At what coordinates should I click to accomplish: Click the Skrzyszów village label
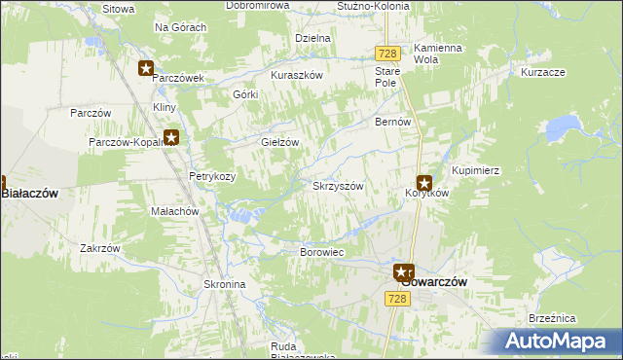[338, 186]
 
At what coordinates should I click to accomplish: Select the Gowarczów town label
[435, 281]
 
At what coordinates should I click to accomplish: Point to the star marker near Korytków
[424, 182]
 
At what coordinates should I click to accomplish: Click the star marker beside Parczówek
[145, 68]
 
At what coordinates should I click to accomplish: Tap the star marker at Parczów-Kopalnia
[171, 138]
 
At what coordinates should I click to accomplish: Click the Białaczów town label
[31, 194]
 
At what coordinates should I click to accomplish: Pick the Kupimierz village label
[475, 170]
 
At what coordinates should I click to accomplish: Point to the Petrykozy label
[211, 176]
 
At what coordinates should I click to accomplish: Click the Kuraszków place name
[296, 74]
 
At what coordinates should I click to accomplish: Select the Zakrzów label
[100, 248]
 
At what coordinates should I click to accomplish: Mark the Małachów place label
[174, 211]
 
